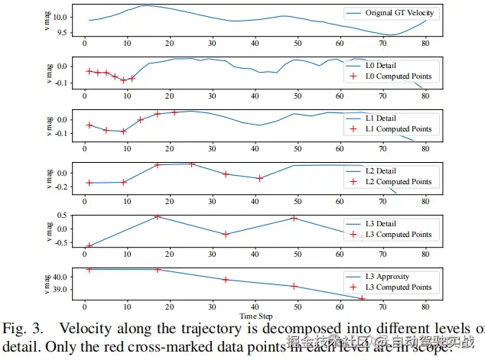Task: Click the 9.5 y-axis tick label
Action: (69, 34)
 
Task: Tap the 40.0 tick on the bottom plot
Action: (66, 277)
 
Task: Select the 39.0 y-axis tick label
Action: (66, 290)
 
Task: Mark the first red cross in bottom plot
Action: (90, 270)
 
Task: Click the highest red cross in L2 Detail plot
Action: (192, 164)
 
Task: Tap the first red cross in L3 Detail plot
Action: (90, 246)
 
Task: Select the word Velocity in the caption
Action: (85, 329)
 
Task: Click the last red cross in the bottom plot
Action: (362, 298)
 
